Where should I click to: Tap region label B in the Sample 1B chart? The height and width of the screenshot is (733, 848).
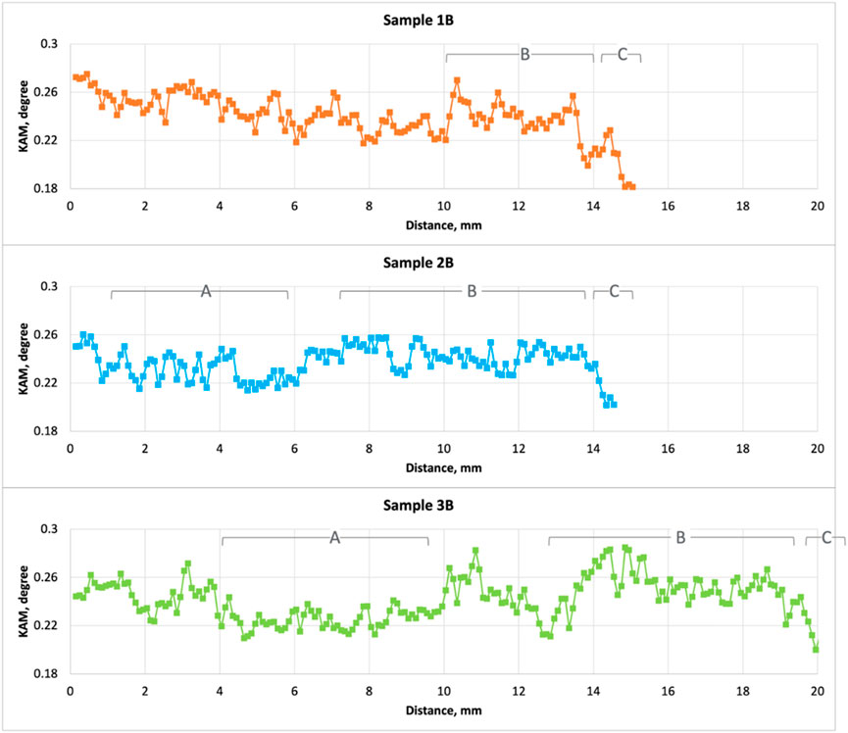click(524, 54)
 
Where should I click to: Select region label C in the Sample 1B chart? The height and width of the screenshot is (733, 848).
click(622, 54)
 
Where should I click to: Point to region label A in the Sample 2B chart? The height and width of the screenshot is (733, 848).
click(205, 291)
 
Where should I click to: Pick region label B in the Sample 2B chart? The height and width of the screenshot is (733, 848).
click(471, 291)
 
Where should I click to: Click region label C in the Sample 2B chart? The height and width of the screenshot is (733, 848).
click(615, 291)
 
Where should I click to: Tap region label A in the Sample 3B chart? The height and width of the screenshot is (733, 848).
click(334, 538)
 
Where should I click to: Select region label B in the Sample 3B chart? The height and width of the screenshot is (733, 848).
click(680, 538)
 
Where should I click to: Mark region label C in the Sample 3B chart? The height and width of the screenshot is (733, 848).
click(826, 538)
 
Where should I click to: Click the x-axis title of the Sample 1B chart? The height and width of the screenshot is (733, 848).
click(443, 223)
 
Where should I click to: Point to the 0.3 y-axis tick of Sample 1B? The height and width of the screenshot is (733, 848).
click(49, 44)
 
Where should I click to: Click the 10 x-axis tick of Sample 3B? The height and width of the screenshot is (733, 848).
click(444, 691)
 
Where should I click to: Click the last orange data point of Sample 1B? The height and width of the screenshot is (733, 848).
click(632, 187)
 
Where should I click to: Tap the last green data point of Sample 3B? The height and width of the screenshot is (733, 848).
click(816, 649)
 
